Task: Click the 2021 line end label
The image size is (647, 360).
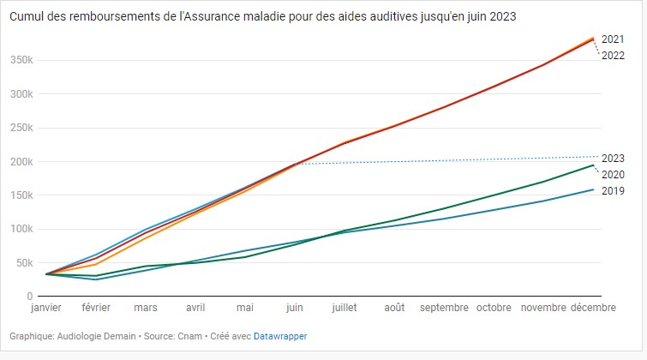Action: click(x=612, y=39)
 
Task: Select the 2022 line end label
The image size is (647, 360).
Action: click(x=612, y=56)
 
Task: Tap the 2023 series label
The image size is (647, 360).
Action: click(x=612, y=159)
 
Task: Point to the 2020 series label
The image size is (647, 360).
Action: click(x=612, y=175)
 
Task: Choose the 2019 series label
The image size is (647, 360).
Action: click(x=612, y=191)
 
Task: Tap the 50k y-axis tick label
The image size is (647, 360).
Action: click(x=22, y=262)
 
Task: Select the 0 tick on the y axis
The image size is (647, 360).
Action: click(x=29, y=296)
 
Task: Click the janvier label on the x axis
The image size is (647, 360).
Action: click(x=46, y=308)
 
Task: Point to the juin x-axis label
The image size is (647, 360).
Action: click(x=295, y=308)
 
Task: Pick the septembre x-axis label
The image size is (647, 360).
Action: click(x=444, y=308)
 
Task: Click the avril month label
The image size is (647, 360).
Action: click(x=195, y=308)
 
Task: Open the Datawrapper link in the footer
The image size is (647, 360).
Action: click(x=279, y=336)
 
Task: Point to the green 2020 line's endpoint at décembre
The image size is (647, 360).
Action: click(x=593, y=165)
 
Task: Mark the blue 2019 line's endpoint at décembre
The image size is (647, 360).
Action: click(x=593, y=189)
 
